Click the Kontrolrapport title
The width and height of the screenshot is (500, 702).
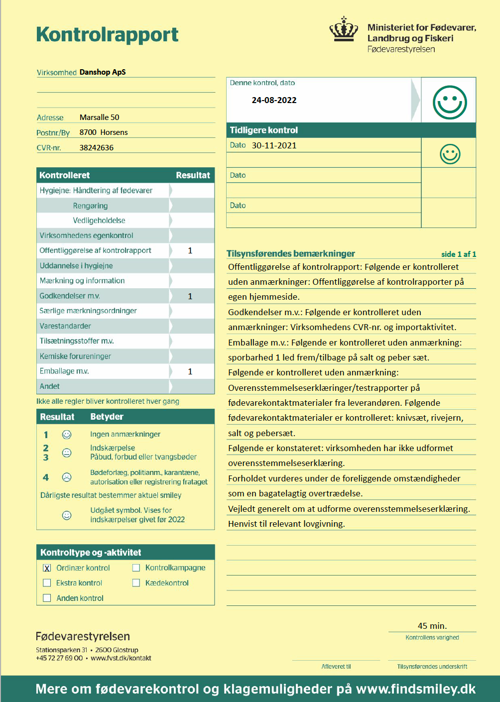(x=107, y=35)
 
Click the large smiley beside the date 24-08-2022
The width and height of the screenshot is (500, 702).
(x=450, y=103)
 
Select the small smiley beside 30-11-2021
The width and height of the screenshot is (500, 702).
(x=450, y=154)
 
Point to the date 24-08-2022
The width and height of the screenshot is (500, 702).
(x=274, y=100)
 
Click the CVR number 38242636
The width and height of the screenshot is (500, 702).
(x=97, y=148)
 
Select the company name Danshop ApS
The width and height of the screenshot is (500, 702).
(x=103, y=72)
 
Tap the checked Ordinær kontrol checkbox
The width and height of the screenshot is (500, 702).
(x=47, y=568)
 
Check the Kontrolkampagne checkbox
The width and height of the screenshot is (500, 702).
(x=136, y=568)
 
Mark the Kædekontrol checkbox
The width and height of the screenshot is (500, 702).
(x=136, y=583)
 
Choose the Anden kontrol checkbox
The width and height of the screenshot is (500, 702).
(x=47, y=598)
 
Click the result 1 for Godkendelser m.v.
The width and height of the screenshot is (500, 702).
(x=190, y=296)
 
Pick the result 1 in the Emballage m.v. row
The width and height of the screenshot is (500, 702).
(x=190, y=371)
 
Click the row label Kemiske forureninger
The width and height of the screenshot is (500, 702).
(x=75, y=356)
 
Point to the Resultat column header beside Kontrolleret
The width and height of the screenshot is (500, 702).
(x=193, y=175)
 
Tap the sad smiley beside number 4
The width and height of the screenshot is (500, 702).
(x=67, y=477)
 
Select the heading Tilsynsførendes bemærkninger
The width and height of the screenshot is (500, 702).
(x=291, y=253)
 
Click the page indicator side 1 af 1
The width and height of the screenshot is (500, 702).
(x=458, y=254)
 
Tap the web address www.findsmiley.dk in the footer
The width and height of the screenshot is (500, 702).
(x=416, y=689)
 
